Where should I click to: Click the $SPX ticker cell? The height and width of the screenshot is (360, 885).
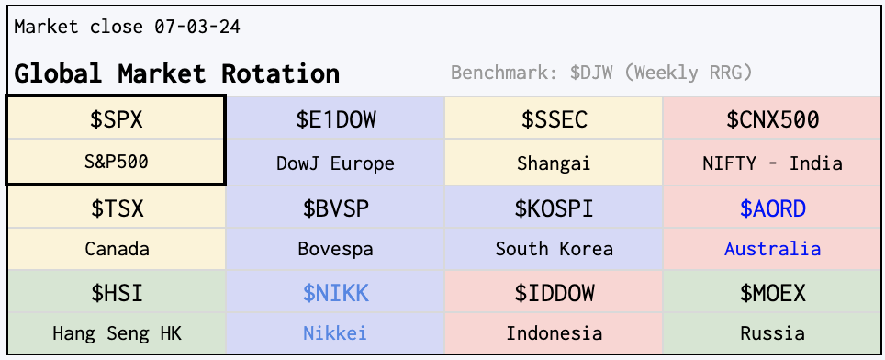pos(117,119)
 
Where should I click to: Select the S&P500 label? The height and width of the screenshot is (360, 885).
pos(117,163)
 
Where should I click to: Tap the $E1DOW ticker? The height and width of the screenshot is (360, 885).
pos(336,119)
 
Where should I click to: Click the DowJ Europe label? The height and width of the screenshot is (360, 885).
pos(335,163)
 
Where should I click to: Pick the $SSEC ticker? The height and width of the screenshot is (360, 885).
pos(554,119)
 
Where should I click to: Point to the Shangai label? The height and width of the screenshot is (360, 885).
pos(554,163)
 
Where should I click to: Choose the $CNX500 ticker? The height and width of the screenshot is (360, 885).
pos(772,119)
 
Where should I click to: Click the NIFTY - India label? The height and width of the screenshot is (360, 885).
pos(772,163)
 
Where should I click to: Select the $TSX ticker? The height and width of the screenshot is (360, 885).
pos(117,208)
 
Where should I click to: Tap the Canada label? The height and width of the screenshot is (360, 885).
pos(117,249)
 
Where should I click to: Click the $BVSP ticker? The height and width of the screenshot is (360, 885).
pos(336,208)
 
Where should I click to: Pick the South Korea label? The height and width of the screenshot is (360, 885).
pos(554,249)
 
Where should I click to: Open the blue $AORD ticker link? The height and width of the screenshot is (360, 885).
pos(773,208)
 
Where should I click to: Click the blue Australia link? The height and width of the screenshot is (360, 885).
pos(773,249)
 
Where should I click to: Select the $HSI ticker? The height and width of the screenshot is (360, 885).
pos(117,293)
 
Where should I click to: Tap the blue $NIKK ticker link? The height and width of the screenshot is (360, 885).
pos(336,293)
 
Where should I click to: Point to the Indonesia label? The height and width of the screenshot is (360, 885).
pos(554,333)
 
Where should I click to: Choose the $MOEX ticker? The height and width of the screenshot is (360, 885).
pos(773,293)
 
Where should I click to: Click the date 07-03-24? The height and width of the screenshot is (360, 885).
pos(197,27)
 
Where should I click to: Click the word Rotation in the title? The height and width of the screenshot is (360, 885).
pos(280,73)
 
